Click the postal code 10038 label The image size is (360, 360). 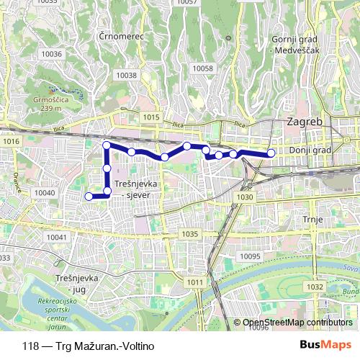click(126, 75)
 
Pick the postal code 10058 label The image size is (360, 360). click(203, 68)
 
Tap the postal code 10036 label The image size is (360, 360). click(51, 54)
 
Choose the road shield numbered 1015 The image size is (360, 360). click(151, 117)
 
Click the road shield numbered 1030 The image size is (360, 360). click(246, 197)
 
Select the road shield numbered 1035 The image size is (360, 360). click(190, 234)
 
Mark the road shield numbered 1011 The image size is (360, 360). click(194, 282)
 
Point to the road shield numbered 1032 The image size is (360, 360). click(315, 287)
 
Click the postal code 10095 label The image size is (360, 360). click(250, 256)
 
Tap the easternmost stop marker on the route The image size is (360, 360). click(271, 153)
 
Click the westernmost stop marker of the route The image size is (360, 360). click(89, 196)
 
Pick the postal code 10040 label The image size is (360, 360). click(45, 193)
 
